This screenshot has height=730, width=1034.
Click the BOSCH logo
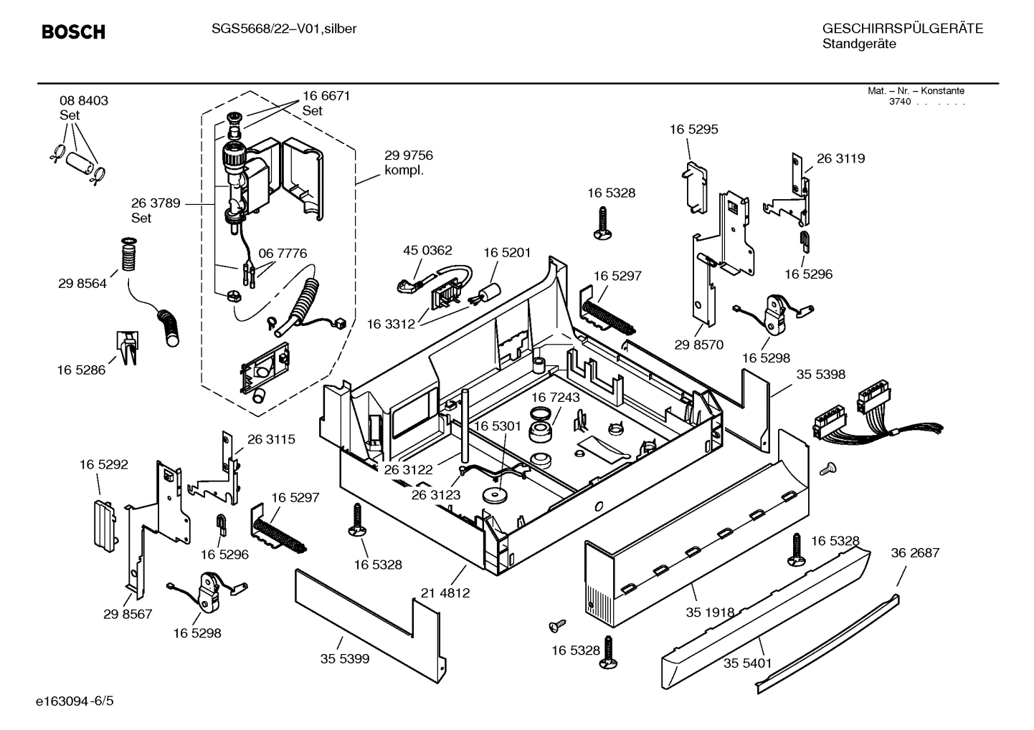[x=73, y=32]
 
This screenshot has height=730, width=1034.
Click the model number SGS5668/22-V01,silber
[x=283, y=29]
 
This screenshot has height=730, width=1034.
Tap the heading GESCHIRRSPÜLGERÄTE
[x=902, y=29]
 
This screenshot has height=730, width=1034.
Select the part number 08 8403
[x=84, y=101]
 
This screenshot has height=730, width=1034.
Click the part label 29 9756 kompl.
[x=408, y=163]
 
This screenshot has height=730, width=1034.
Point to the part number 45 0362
[x=427, y=250]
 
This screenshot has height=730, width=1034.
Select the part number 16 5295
[x=693, y=130]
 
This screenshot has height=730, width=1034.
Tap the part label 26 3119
[x=840, y=158]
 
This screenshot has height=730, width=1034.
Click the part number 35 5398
[x=820, y=374]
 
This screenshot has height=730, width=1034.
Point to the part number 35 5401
[x=747, y=663]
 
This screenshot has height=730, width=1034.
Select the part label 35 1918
[x=710, y=612]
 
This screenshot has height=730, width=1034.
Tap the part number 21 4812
[x=445, y=592]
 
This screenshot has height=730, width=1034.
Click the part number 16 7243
[x=556, y=397]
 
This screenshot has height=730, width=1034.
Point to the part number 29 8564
[x=82, y=284]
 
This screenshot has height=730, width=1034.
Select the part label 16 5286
[x=81, y=370]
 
